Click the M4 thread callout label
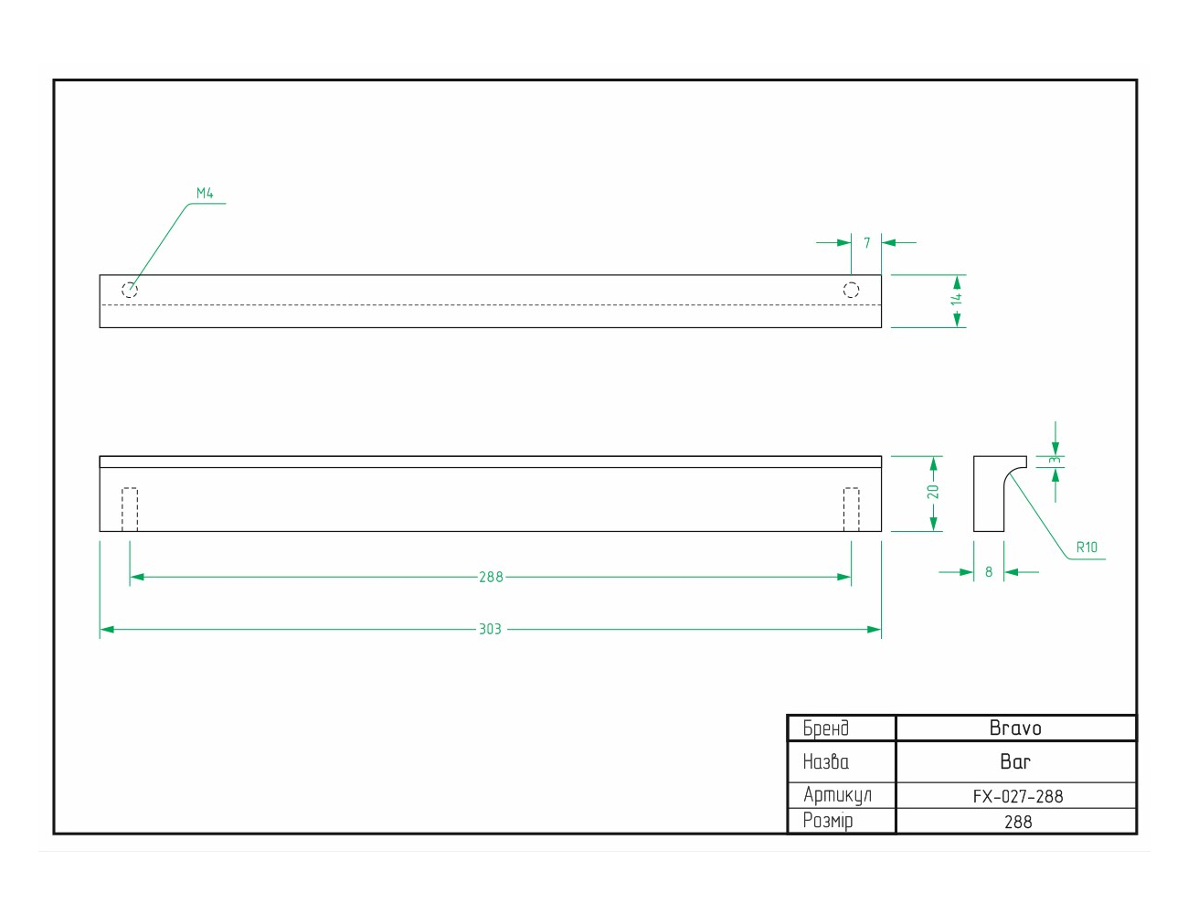[x=205, y=193]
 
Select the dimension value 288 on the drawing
[x=491, y=578]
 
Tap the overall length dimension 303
[x=490, y=629]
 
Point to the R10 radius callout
[x=1087, y=547]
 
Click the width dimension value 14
[x=956, y=299]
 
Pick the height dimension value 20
[x=933, y=492]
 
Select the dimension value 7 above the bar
[x=866, y=243]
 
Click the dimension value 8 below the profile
[x=989, y=572]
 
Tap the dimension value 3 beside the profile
[x=1055, y=460]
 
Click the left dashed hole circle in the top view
[x=130, y=290]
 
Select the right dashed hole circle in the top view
[x=851, y=290]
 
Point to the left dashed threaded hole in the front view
[x=130, y=509]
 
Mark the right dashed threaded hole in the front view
[x=851, y=509]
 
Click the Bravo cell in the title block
[x=1015, y=728]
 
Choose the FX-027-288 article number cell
[x=1017, y=796]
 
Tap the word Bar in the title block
[x=1015, y=761]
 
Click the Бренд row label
[x=825, y=728]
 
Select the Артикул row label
[x=837, y=795]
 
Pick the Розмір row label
[x=828, y=821]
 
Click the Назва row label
[x=825, y=761]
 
